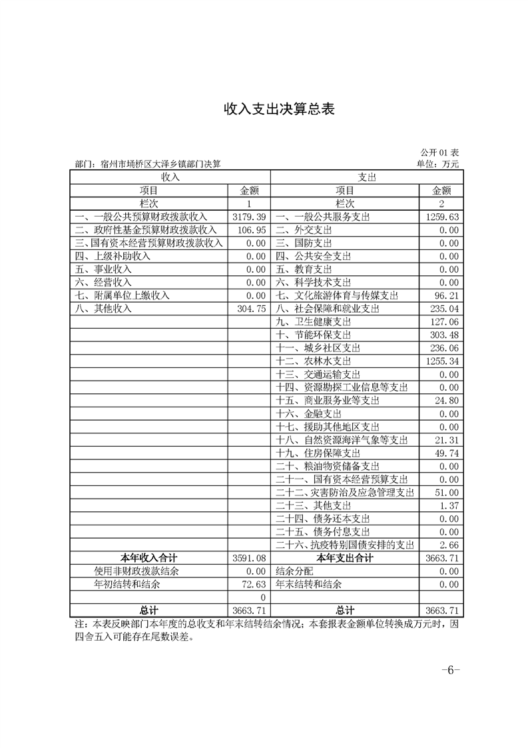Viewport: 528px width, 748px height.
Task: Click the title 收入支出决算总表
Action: point(264,110)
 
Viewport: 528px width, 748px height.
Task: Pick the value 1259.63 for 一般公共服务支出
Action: point(442,217)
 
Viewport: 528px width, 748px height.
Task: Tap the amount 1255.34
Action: point(442,361)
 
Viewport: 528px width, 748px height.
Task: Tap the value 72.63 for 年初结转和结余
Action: point(251,584)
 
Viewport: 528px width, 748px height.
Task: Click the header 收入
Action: point(170,177)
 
